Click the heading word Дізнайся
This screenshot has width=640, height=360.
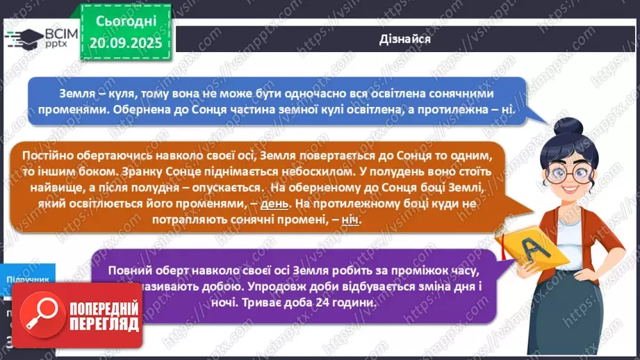(406, 39)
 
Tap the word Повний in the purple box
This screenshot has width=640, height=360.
(131, 272)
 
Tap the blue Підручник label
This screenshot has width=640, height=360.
(28, 279)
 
